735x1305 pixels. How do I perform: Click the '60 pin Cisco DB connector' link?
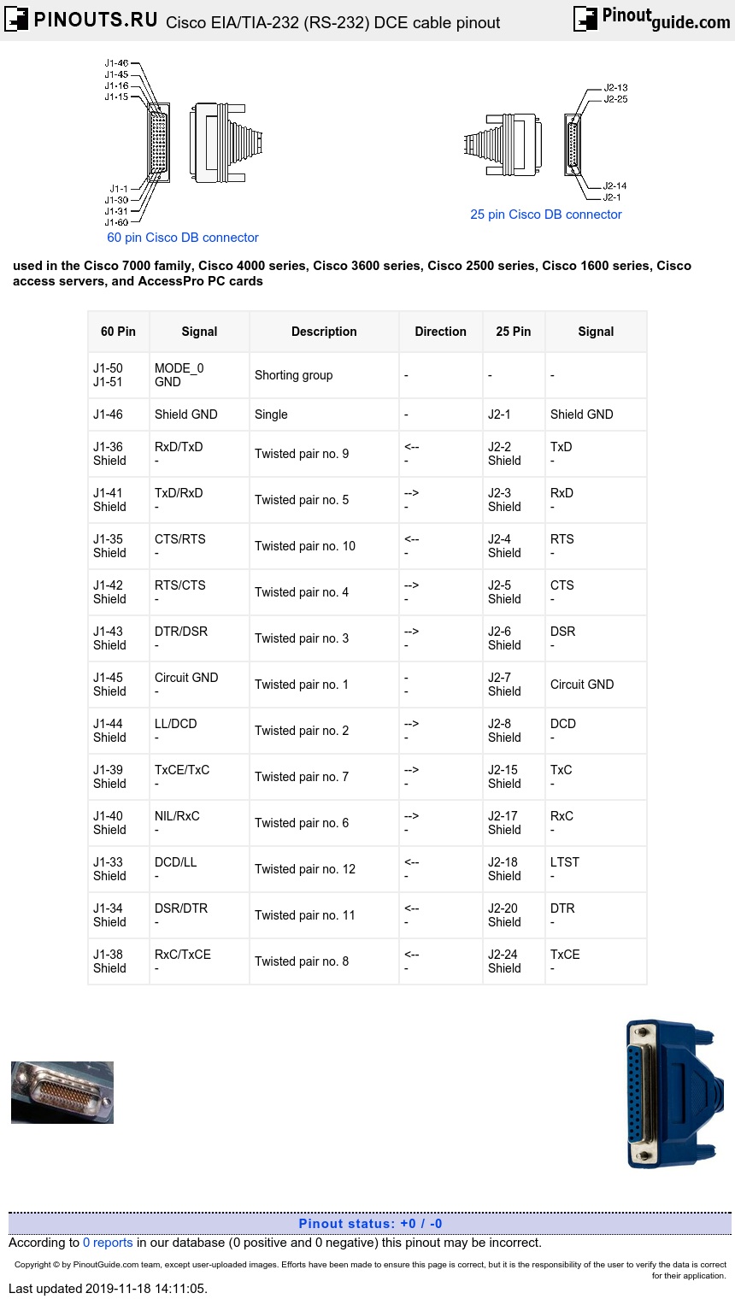coord(182,238)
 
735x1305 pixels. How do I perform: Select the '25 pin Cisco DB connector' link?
coord(545,215)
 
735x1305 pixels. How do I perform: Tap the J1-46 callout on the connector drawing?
coord(116,63)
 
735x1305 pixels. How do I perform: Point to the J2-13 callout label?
coord(615,87)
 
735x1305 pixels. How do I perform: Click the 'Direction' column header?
coord(440,332)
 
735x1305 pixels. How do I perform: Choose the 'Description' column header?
coord(324,332)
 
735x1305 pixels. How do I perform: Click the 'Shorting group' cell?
coord(293,375)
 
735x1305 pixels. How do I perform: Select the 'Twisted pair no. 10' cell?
coord(304,546)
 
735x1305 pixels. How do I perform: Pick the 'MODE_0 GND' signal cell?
coord(179,375)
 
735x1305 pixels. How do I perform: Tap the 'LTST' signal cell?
coord(564,862)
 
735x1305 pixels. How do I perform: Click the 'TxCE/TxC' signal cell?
coord(181,770)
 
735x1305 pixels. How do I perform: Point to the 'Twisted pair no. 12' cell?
coord(304,869)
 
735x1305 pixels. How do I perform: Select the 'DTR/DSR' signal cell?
coord(180,632)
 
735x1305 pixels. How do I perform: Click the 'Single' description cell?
coord(271,414)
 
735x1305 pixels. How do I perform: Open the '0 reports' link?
coord(108,1243)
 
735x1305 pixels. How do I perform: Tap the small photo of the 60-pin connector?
coord(62,1092)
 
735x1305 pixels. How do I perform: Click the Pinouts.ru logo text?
coord(95,19)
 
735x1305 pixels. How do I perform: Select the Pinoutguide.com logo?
coord(652,18)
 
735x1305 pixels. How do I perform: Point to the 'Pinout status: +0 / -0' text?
coord(370,1224)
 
